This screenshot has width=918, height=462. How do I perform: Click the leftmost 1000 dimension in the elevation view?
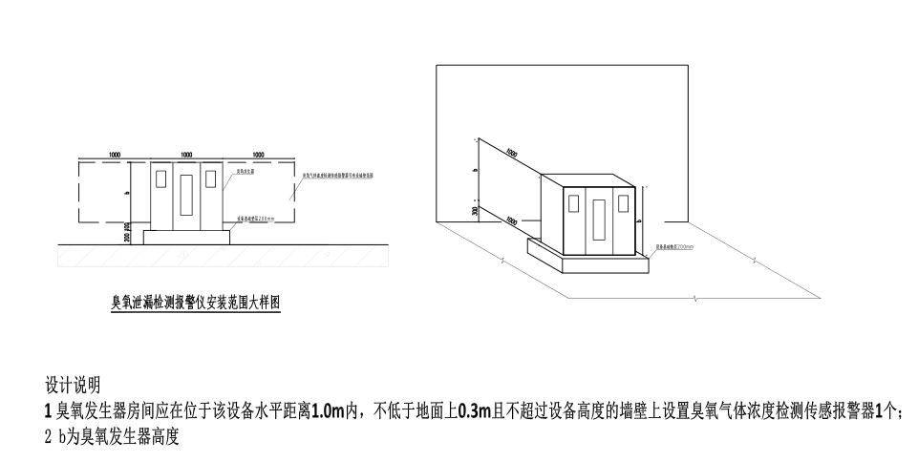pyautogui.click(x=115, y=154)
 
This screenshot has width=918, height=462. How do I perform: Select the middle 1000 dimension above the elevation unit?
pyautogui.click(x=187, y=154)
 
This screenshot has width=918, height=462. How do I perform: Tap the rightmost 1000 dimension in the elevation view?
pyautogui.click(x=259, y=154)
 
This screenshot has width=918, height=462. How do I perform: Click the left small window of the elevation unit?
pyautogui.click(x=161, y=179)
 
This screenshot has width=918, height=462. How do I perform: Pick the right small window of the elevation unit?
pyautogui.click(x=211, y=179)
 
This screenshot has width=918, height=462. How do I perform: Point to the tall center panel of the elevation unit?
pyautogui.click(x=186, y=199)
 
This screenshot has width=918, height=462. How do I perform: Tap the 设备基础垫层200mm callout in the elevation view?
pyautogui.click(x=255, y=219)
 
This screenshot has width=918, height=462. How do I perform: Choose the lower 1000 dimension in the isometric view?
pyautogui.click(x=512, y=221)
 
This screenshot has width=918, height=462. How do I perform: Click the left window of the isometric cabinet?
pyautogui.click(x=573, y=202)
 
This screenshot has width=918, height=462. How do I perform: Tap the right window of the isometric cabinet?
pyautogui.click(x=624, y=202)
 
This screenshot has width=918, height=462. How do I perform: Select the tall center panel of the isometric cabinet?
pyautogui.click(x=599, y=221)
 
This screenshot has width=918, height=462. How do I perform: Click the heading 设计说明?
pyautogui.click(x=73, y=387)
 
